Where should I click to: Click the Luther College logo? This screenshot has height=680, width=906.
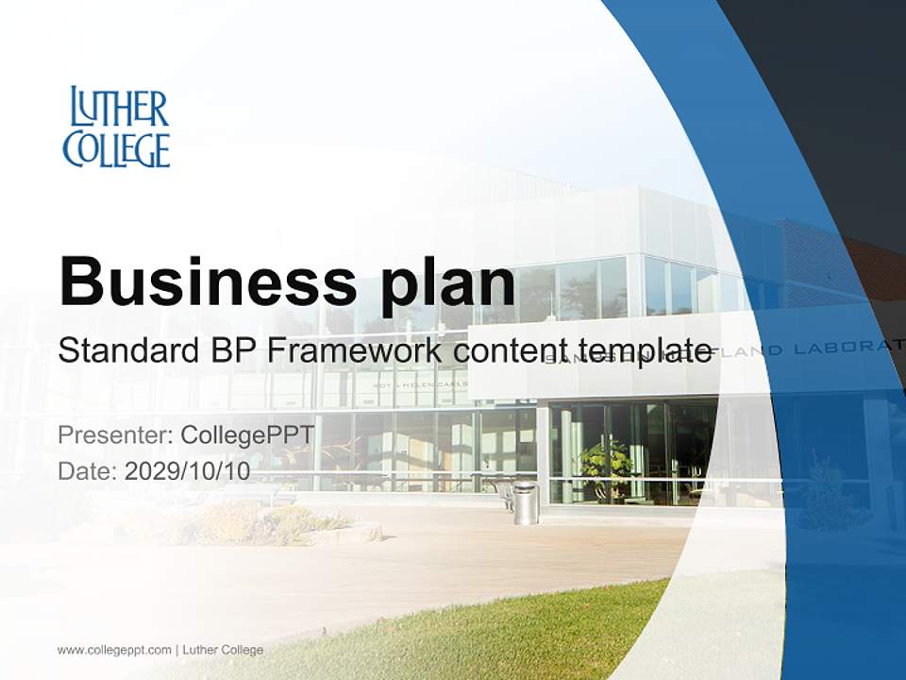[x=116, y=127]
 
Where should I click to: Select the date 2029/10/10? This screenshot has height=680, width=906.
[x=187, y=471]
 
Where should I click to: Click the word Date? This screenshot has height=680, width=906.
[x=86, y=471]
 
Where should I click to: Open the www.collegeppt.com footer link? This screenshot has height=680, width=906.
[x=114, y=650]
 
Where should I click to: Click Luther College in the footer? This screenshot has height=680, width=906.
[x=223, y=650]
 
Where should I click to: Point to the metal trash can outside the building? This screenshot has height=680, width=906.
[x=526, y=502]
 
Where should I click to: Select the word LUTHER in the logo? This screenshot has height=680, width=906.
[x=120, y=108]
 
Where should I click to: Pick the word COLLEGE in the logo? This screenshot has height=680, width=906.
[x=116, y=149]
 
